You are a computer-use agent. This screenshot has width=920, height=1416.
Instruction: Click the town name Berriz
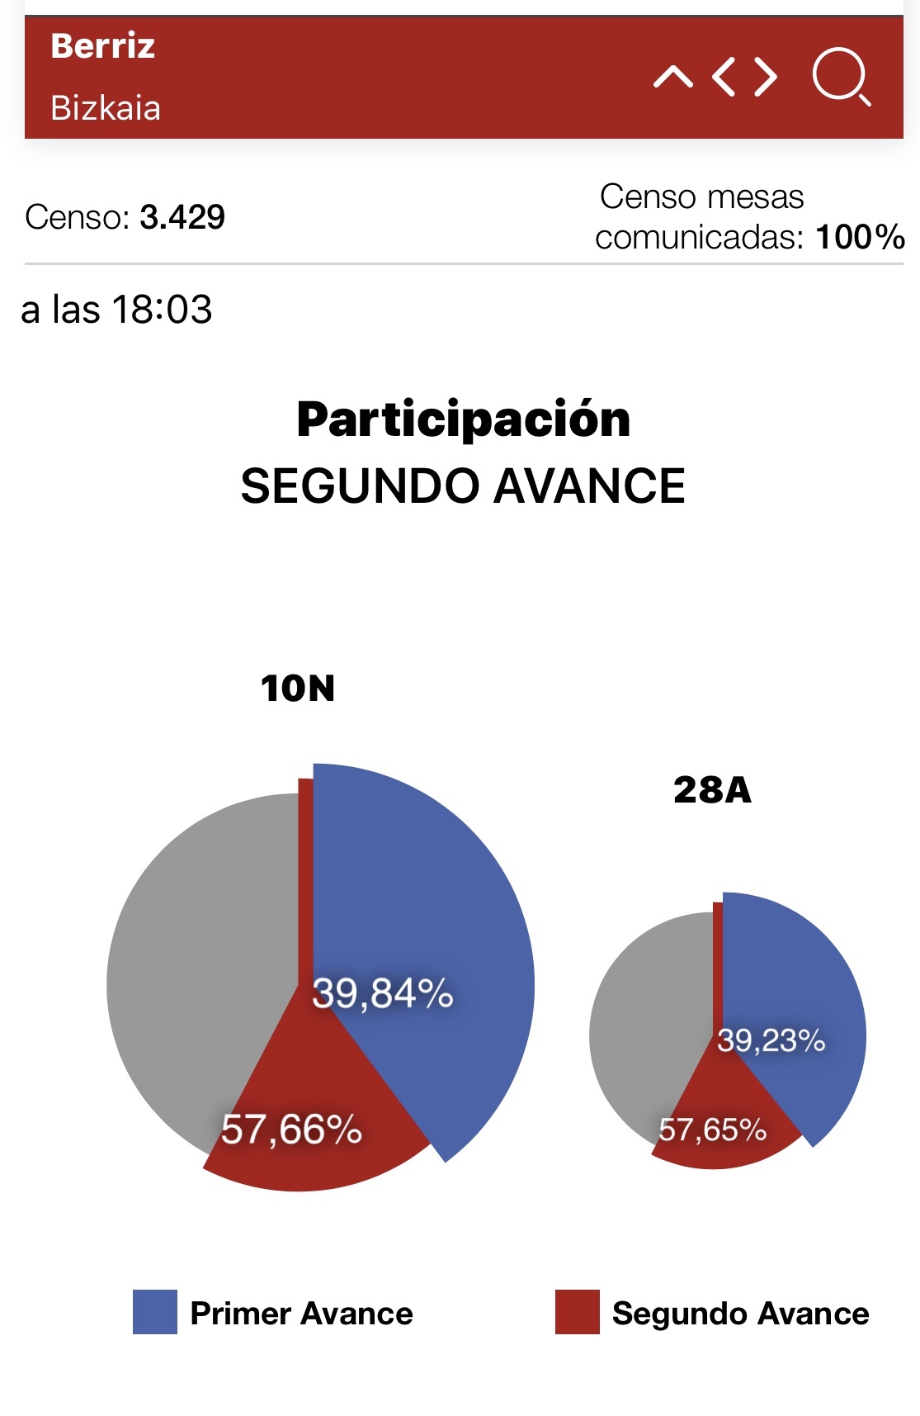click(x=102, y=46)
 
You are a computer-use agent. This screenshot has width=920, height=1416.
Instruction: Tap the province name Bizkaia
click(x=106, y=108)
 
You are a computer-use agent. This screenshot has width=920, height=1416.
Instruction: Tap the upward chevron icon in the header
click(x=673, y=78)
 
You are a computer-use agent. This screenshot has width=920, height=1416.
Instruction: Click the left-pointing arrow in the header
click(x=724, y=77)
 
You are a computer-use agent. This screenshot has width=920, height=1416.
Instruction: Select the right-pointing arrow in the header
click(x=766, y=77)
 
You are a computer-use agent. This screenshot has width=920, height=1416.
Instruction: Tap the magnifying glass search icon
click(x=841, y=77)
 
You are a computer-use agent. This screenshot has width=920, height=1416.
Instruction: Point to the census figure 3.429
click(x=182, y=217)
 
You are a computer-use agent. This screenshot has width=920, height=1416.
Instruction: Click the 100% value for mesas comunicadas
click(x=860, y=238)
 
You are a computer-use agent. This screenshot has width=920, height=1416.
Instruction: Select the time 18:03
click(x=162, y=310)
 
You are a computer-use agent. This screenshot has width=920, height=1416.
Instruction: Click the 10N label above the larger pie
click(x=298, y=689)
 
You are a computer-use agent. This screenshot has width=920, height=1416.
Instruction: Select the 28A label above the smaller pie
click(x=712, y=790)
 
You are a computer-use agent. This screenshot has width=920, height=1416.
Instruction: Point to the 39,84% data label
click(x=383, y=993)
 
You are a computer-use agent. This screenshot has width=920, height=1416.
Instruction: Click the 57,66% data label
click(x=291, y=1129)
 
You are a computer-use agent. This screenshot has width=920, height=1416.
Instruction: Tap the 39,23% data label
click(x=771, y=1040)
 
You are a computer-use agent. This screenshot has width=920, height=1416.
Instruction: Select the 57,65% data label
click(x=712, y=1129)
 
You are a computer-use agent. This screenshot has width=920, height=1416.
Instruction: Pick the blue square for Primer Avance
click(x=155, y=1312)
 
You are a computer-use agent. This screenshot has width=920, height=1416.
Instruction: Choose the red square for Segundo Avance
click(x=577, y=1312)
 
